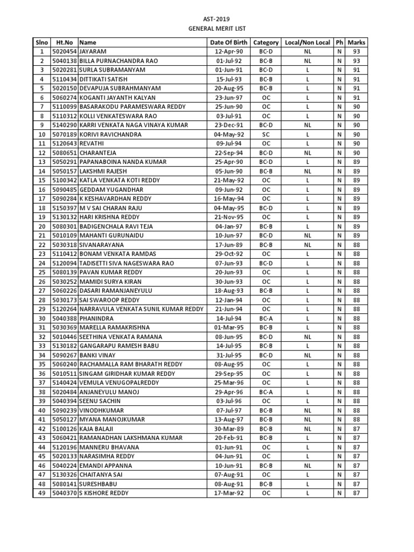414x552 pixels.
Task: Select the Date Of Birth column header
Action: pyautogui.click(x=229, y=42)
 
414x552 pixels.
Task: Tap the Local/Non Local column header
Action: pyautogui.click(x=307, y=42)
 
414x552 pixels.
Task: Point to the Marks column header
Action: pyautogui.click(x=356, y=42)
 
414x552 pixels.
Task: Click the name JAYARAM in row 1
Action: pyautogui.click(x=93, y=51)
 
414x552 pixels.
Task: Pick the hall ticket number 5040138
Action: pyautogui.click(x=64, y=61)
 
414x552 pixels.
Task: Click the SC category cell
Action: pyautogui.click(x=266, y=134)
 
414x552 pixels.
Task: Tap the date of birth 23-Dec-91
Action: pyautogui.click(x=229, y=125)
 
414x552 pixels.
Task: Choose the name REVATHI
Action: pyautogui.click(x=92, y=143)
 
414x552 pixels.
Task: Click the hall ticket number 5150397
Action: pyautogui.click(x=64, y=208)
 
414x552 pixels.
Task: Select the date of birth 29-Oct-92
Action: pyautogui.click(x=229, y=254)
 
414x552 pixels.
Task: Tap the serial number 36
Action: pyautogui.click(x=42, y=374)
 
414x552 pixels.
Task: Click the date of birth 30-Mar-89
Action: pyautogui.click(x=229, y=429)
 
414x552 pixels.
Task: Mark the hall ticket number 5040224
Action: pyautogui.click(x=64, y=465)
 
